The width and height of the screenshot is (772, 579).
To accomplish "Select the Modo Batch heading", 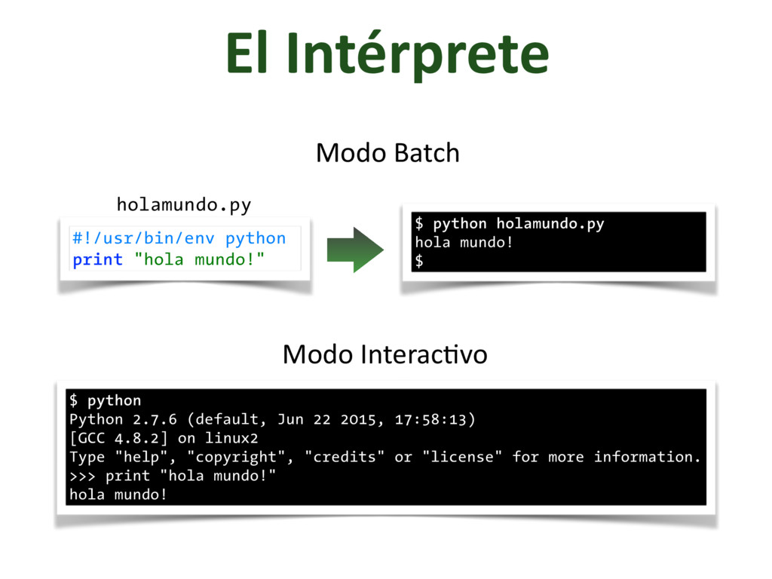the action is pos(388,153).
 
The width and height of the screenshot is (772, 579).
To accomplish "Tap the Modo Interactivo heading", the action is pos(384,354).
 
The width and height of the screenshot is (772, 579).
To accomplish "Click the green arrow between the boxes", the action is pos(355,249).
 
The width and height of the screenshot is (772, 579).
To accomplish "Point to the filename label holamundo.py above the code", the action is pos(183,204).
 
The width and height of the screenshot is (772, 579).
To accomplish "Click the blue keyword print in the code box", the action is pos(97,260).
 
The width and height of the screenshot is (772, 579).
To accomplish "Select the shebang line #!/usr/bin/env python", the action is pos(179,238).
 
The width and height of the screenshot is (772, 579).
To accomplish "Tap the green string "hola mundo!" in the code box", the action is pos(199,260).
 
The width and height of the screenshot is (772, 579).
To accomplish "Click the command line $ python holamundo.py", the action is pos(510,224).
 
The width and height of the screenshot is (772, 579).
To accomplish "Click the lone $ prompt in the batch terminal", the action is pos(419,262).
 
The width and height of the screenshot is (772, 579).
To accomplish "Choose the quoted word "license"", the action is pos(463,457).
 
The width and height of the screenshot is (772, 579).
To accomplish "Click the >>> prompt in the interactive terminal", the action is pos(82,476).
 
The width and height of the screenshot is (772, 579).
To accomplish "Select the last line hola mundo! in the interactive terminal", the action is pos(118,495).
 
